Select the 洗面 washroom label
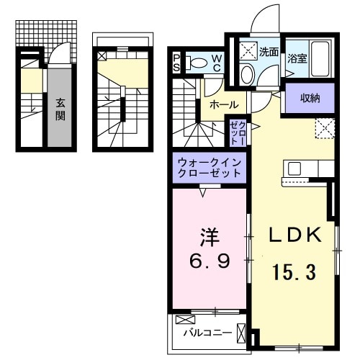coord(269,52)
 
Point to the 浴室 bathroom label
coord(297,58)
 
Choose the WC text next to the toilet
coord(217,63)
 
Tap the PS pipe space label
coord(178,63)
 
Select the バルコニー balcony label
coord(207,333)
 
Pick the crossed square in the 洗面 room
coord(248,50)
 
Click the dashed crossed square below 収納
coord(323,129)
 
